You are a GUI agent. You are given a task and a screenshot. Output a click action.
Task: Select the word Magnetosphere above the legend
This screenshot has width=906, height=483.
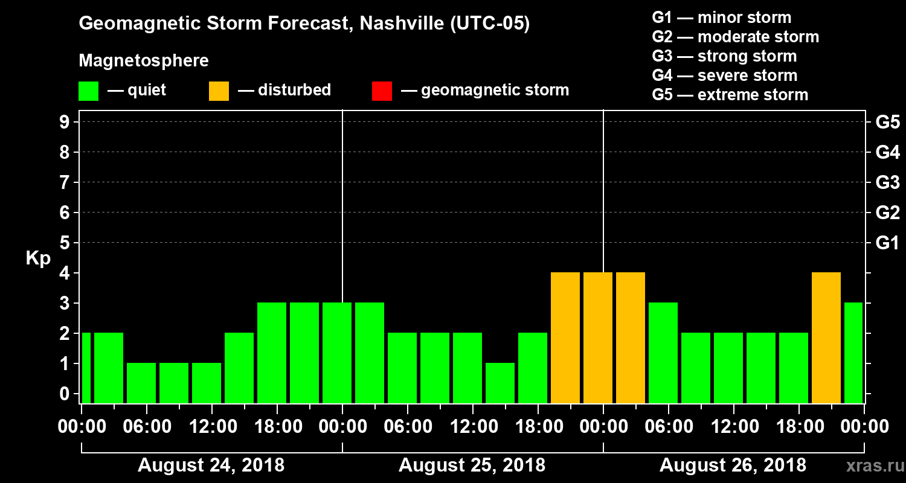click(x=144, y=61)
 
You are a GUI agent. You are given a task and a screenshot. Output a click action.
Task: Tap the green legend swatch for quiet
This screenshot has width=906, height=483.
click(x=88, y=91)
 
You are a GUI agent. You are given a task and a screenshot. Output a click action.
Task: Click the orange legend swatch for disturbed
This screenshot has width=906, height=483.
click(x=219, y=91)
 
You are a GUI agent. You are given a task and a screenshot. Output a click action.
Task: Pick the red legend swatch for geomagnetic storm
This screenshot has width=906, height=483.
click(x=382, y=91)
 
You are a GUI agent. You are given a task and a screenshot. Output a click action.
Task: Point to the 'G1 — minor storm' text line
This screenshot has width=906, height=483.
click(x=721, y=18)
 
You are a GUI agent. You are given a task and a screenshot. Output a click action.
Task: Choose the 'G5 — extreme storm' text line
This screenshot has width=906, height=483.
click(x=730, y=95)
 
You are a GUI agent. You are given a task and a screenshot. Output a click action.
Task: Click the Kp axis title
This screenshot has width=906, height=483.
click(x=37, y=258)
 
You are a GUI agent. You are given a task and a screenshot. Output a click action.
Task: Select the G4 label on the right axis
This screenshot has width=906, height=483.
click(x=887, y=152)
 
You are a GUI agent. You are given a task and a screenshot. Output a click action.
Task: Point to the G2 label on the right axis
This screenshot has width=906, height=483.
click(x=887, y=213)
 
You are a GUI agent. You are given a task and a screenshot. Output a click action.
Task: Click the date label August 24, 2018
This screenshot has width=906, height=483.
click(x=211, y=465)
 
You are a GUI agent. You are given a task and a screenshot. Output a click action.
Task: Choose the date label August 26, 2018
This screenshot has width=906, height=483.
click(x=733, y=465)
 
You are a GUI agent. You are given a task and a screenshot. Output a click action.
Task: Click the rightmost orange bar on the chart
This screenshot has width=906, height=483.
click(x=826, y=338)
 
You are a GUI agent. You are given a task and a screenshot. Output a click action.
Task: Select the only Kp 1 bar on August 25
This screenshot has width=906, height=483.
click(x=500, y=383)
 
